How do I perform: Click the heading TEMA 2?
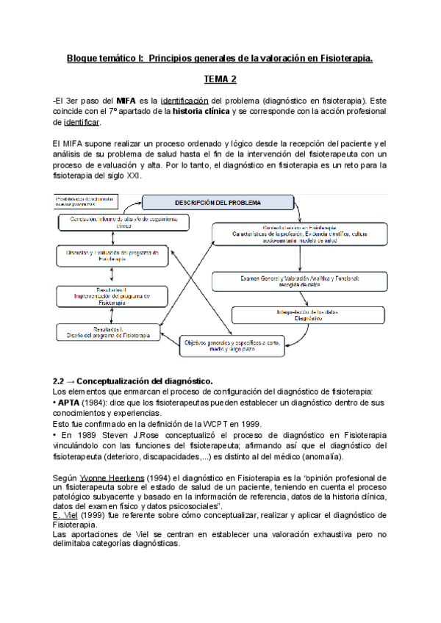click(x=220, y=79)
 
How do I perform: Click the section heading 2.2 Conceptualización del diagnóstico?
click(x=133, y=381)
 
